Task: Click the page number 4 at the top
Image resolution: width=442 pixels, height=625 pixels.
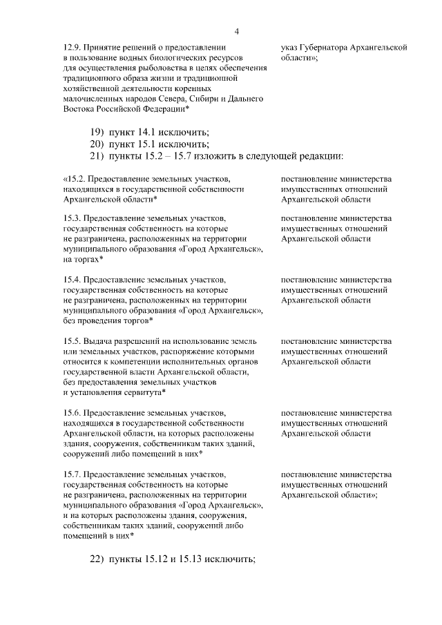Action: [x=236, y=30]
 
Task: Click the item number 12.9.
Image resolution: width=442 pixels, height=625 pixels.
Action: [x=71, y=48]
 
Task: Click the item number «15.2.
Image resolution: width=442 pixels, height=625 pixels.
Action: [x=73, y=179]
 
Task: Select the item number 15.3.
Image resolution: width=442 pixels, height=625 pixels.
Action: [x=72, y=218]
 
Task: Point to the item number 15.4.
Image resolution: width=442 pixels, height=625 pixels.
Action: [x=72, y=280]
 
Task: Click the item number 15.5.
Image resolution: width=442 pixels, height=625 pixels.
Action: [x=72, y=341]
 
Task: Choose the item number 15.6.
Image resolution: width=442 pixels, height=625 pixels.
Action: [x=72, y=413]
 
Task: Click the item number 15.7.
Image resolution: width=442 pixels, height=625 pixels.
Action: [x=72, y=474]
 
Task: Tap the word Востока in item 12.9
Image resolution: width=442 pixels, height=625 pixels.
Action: [x=78, y=109]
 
